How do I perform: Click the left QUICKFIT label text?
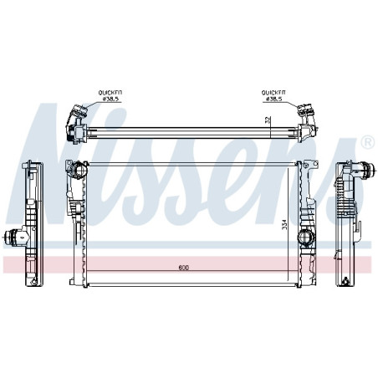[110, 92]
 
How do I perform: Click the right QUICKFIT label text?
[273, 92]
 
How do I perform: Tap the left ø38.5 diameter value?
[110, 99]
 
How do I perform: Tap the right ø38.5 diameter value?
[274, 99]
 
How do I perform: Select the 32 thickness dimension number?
[268, 120]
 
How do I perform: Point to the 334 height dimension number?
[284, 225]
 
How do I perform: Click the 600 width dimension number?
[183, 268]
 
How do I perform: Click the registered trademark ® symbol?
[368, 142]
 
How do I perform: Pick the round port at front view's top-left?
[79, 169]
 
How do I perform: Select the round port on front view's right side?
[306, 238]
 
